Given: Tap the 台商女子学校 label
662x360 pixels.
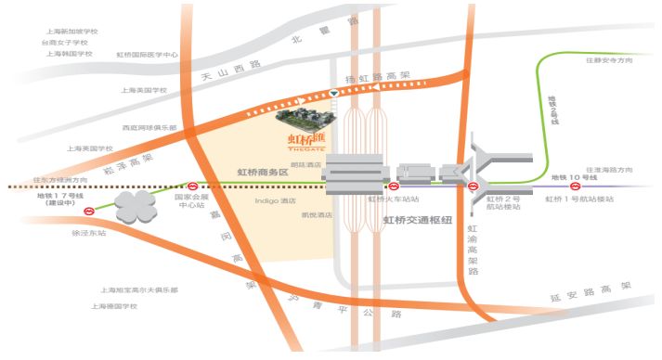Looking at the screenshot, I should coord(65,42).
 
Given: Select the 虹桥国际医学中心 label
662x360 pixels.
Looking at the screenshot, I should coord(147,55).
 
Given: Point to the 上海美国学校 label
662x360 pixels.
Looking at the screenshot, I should coord(144,90).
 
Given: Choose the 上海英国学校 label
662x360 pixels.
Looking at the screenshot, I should coord(89,148).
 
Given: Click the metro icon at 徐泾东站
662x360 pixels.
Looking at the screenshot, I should coord(89,212).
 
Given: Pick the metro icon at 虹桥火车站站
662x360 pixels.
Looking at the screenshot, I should coord(394,186).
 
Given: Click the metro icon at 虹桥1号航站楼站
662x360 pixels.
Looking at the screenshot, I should coord(565,187).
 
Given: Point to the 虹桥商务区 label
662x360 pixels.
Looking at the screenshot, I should coord(264,173).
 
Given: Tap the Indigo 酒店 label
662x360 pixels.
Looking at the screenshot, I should coord(275,200).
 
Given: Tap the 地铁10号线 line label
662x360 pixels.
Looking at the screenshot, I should coord(572,176).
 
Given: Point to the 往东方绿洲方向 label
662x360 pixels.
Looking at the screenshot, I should coord(60,179).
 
